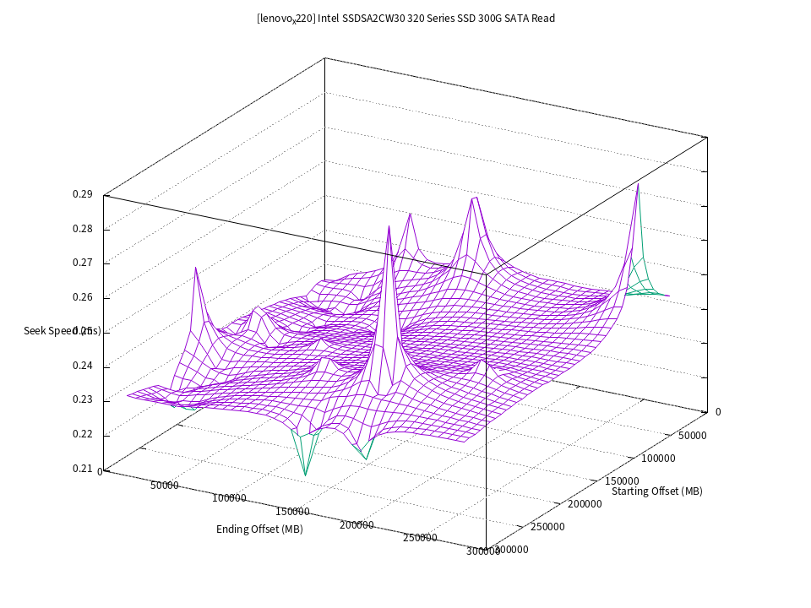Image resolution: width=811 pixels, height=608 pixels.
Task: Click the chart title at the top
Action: tap(405, 18)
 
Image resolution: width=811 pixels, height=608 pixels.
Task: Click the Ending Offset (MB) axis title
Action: tap(259, 529)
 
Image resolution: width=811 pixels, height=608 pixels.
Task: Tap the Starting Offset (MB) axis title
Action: tap(656, 491)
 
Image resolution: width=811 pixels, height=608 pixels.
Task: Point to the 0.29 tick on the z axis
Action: tap(82, 194)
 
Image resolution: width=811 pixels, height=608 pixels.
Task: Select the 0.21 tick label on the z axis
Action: tap(82, 469)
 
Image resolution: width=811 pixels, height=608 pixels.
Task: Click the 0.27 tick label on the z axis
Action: tap(82, 263)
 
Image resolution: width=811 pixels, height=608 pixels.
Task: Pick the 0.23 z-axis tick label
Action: tap(82, 400)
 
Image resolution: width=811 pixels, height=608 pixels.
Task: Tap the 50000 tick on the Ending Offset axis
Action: tap(165, 486)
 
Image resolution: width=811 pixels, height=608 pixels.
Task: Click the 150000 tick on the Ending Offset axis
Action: tap(292, 512)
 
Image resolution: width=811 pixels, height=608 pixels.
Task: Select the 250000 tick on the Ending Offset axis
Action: tap(420, 538)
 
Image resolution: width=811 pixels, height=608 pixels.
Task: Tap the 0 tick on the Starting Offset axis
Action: tap(718, 412)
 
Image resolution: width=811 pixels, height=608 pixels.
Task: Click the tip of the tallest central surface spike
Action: tap(389, 225)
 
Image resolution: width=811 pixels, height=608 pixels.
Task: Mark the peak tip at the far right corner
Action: tap(639, 182)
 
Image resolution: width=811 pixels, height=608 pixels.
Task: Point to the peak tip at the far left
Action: tap(196, 267)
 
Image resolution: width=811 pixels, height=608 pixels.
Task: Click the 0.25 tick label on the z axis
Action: tap(82, 331)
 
